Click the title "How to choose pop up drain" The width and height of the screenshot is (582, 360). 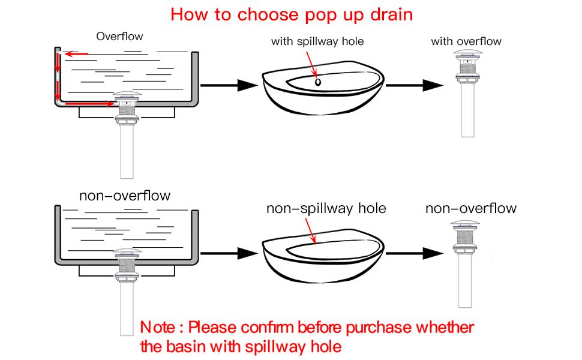[x=292, y=14]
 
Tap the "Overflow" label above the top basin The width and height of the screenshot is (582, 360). [x=119, y=37]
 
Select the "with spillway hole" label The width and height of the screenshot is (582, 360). [x=317, y=41]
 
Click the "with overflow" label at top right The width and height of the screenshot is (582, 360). [x=466, y=41]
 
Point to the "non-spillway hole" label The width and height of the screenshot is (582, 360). [x=326, y=209]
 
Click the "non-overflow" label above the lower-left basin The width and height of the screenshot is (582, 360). [x=125, y=196]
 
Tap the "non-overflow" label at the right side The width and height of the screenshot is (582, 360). [x=470, y=209]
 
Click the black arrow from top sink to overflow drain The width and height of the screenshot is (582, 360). [x=414, y=85]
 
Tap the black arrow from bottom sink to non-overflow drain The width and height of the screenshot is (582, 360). [x=414, y=253]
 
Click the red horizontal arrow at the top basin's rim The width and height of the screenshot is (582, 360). [x=76, y=55]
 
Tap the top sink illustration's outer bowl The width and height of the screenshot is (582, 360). [x=324, y=105]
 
